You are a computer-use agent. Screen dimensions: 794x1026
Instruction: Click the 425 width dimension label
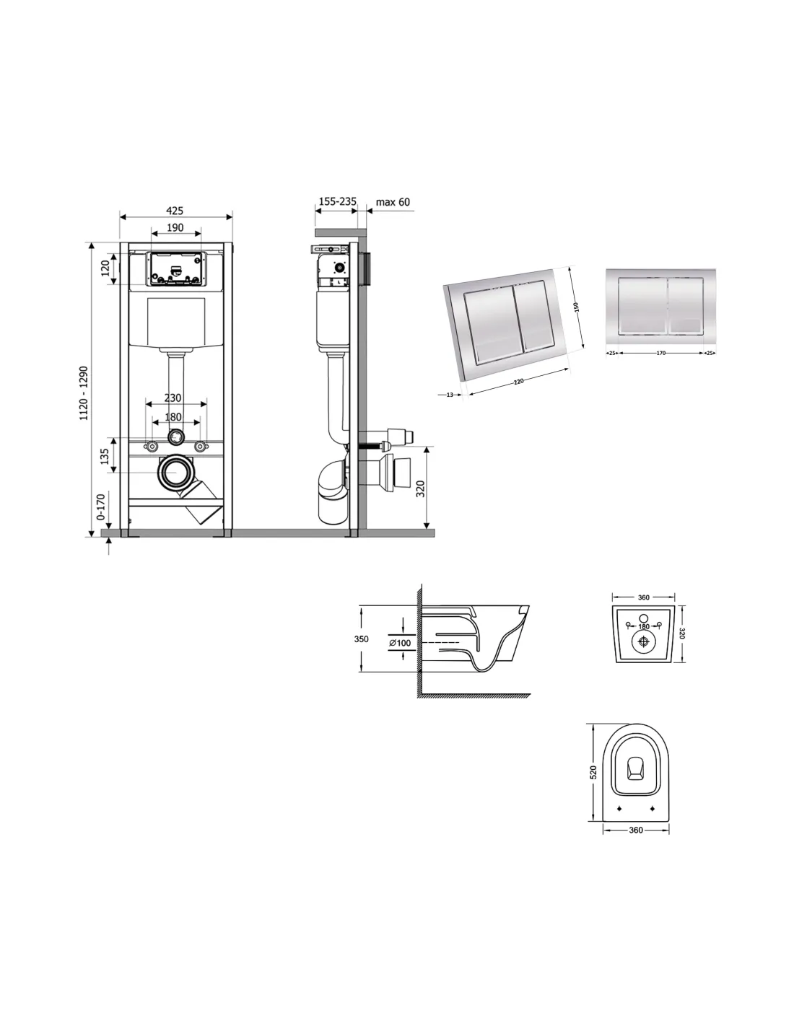(x=175, y=211)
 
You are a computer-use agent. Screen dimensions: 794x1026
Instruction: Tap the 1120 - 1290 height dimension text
(x=84, y=393)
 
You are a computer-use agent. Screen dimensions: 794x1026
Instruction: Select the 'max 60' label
(x=393, y=202)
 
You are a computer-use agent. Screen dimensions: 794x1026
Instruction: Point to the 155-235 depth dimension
(x=337, y=201)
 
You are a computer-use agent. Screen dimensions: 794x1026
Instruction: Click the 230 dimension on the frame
(x=173, y=398)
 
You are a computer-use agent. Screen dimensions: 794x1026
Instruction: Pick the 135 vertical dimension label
(x=105, y=455)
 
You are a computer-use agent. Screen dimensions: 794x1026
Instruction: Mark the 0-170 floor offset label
(x=100, y=507)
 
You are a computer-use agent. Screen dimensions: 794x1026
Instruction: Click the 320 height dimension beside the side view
(x=420, y=488)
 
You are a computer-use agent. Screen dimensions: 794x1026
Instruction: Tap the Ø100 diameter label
(x=400, y=643)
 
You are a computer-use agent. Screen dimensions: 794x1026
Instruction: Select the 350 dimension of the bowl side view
(x=362, y=639)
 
